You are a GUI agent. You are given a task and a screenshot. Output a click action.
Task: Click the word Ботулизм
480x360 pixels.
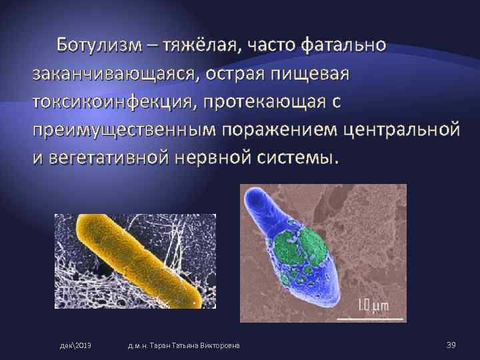click(96, 45)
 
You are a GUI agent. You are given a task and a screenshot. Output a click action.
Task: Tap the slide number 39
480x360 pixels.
click(451, 344)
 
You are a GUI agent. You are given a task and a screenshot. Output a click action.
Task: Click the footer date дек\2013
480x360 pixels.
click(75, 345)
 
